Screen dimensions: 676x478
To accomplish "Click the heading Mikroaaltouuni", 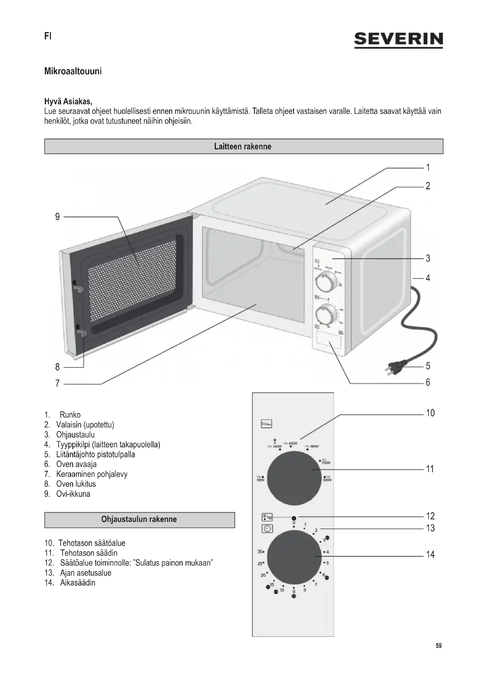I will [x=73, y=71].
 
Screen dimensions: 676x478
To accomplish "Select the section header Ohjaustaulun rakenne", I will [x=139, y=519].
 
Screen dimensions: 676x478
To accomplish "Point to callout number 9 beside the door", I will [x=58, y=217].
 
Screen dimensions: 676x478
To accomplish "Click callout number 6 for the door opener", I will [x=428, y=382].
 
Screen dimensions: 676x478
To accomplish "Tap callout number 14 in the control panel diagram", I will [x=430, y=554].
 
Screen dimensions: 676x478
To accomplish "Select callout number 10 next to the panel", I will [x=430, y=413].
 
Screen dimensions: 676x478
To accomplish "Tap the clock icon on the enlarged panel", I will [x=267, y=529].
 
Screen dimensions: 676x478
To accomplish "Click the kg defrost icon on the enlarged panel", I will [x=267, y=517].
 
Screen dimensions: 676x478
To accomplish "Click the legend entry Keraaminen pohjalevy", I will [x=92, y=474].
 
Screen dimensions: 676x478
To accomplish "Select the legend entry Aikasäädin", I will [x=78, y=583].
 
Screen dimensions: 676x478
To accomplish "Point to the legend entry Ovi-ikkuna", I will [x=73, y=494].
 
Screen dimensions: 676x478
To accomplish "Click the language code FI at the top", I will [x=48, y=36].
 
